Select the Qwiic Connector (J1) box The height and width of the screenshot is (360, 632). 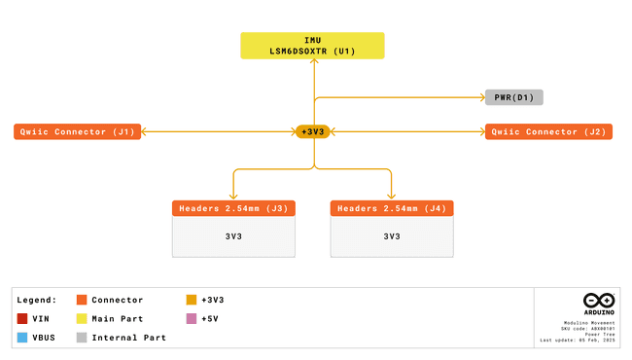tap(78, 131)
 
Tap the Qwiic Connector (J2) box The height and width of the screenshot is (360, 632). tap(548, 131)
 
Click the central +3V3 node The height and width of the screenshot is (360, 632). tap(313, 131)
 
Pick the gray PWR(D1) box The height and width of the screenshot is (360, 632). tap(513, 97)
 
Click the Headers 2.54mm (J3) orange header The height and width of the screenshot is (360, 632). tap(233, 208)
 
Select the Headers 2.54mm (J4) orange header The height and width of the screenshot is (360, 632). tap(392, 208)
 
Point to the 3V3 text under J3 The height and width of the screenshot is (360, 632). tap(233, 236)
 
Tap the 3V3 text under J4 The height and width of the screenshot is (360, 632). tap(392, 236)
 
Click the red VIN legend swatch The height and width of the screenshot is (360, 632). tap(22, 318)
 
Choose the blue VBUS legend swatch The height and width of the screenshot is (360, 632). tap(22, 338)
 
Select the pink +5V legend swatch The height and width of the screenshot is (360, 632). tap(192, 318)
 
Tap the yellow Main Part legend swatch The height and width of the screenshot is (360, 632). tap(82, 318)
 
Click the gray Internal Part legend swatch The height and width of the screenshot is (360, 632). tap(82, 338)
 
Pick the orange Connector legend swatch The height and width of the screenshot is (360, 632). tap(82, 300)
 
